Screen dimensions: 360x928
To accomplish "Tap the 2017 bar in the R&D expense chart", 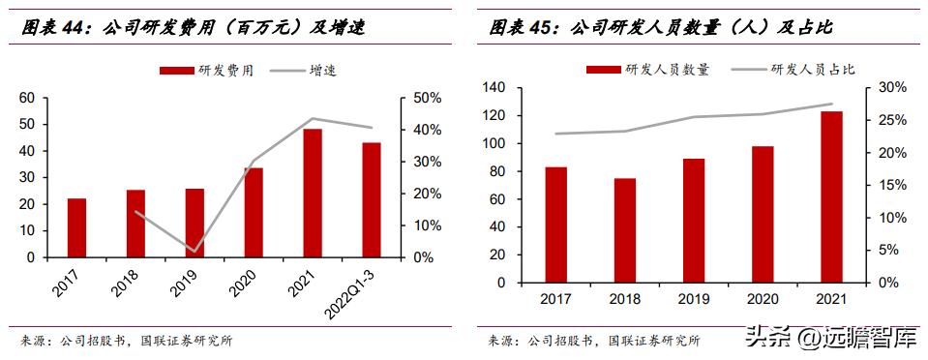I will click(x=76, y=228).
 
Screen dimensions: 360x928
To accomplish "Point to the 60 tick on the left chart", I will click(x=26, y=98).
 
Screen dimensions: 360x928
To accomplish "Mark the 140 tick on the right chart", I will click(x=494, y=88).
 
